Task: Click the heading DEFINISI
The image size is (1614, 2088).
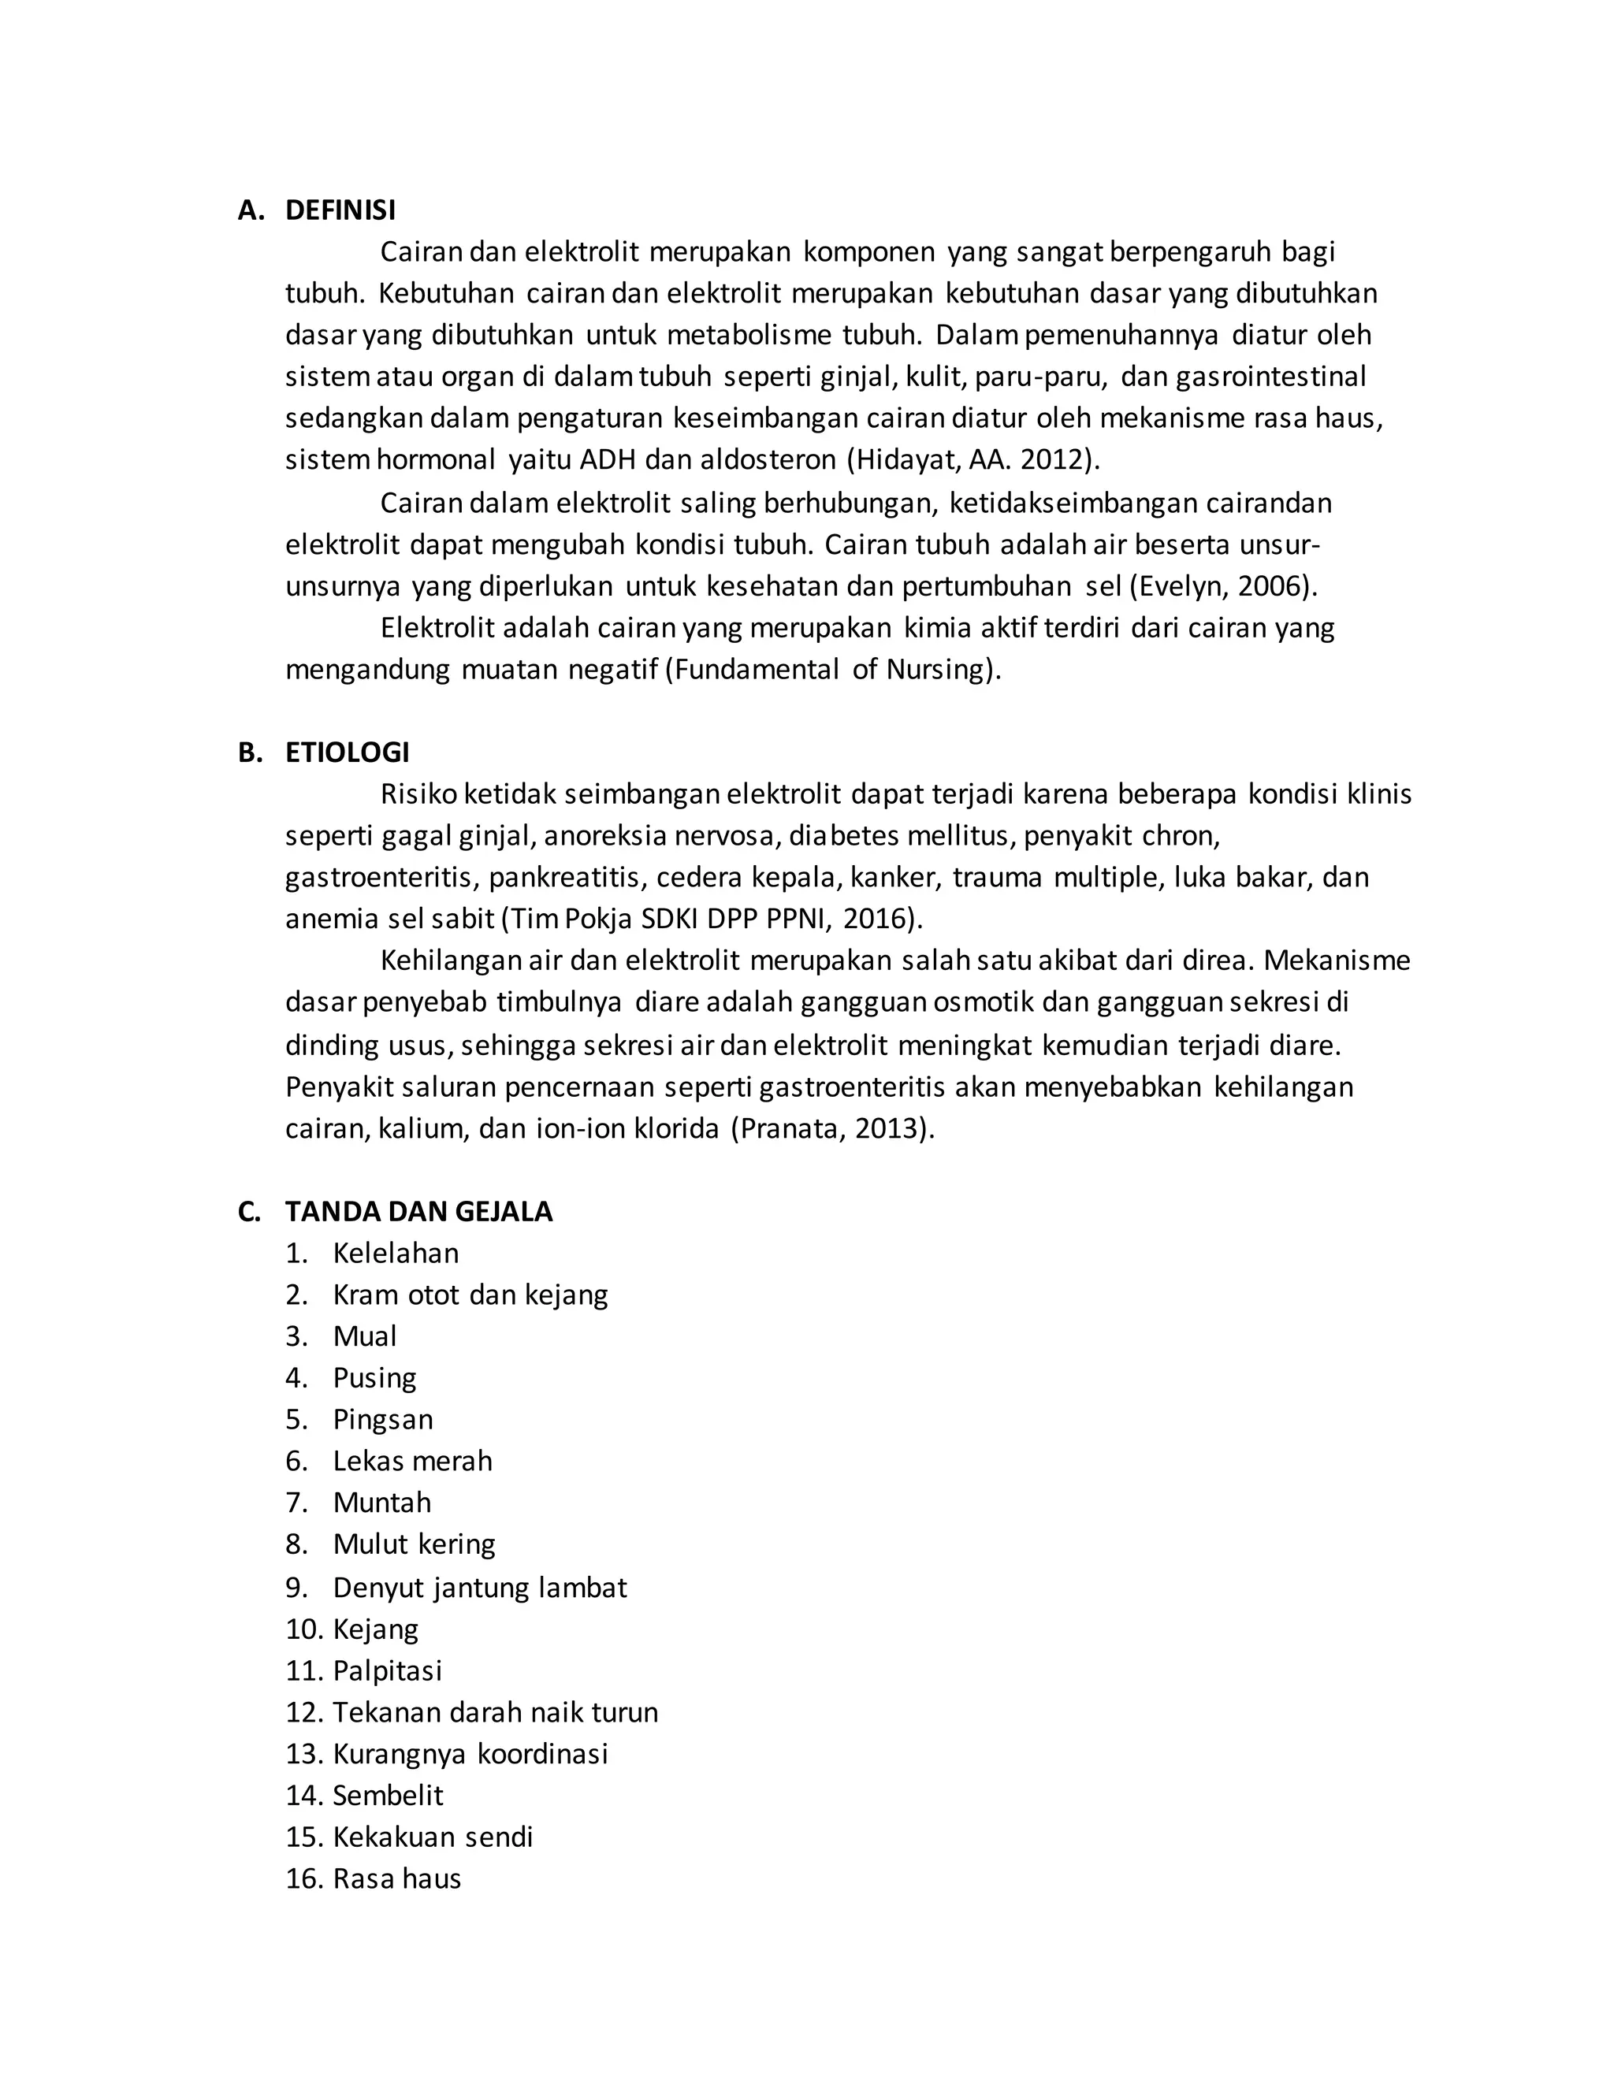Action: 340,210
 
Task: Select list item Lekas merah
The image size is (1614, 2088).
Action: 412,1461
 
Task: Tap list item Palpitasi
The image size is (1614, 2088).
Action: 387,1670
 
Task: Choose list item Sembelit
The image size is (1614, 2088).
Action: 387,1796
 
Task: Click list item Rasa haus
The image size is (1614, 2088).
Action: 397,1878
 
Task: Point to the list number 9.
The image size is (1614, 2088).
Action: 296,1587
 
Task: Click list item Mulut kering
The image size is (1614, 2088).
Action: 414,1544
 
